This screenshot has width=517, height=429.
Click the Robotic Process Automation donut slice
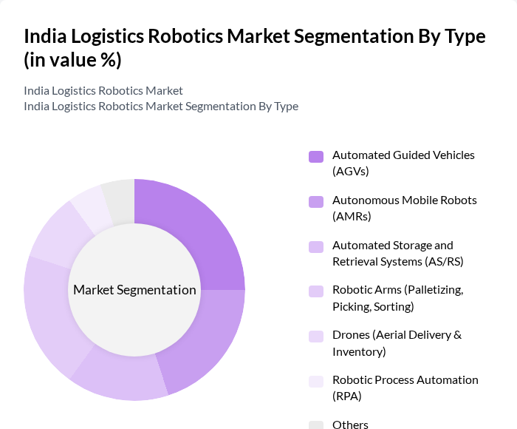(90, 206)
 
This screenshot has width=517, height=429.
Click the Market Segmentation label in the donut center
(134, 290)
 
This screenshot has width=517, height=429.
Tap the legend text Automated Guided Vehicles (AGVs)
(403, 163)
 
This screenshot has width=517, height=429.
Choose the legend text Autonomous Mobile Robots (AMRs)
(404, 208)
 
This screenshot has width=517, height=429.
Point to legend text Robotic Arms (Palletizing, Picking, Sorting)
(397, 298)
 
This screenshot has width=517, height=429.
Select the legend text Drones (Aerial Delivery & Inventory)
(397, 343)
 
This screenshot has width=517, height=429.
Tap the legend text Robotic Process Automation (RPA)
(405, 388)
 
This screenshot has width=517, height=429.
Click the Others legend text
(350, 425)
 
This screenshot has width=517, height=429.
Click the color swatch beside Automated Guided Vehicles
(316, 156)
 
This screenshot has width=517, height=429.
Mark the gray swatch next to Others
(316, 425)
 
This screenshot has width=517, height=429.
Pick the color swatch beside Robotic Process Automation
(316, 381)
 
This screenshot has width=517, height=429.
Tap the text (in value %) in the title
(72, 60)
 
